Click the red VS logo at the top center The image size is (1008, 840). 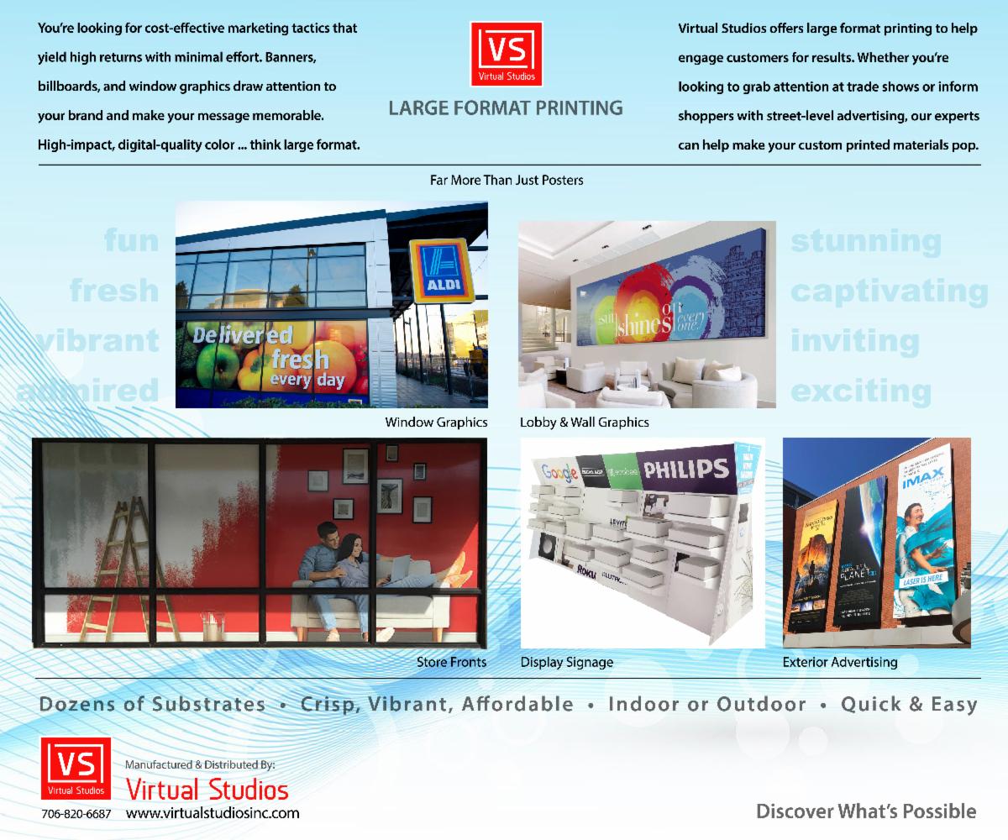click(x=506, y=53)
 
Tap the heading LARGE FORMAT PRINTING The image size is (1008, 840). click(x=506, y=108)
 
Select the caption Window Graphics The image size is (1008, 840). click(x=436, y=422)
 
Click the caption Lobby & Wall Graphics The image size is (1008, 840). click(x=584, y=422)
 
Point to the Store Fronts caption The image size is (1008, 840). click(x=451, y=662)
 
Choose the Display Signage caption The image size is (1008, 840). click(x=567, y=662)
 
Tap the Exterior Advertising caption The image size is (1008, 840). click(x=839, y=662)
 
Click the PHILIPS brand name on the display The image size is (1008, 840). click(x=686, y=467)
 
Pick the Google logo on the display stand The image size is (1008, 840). click(x=560, y=472)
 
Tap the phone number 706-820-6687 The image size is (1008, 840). click(x=76, y=814)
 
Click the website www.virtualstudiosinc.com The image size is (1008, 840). click(x=212, y=813)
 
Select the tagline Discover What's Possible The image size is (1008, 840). click(x=866, y=811)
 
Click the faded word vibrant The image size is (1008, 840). click(x=97, y=340)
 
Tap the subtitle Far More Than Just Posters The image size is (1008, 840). click(x=506, y=180)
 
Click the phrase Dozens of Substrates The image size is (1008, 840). click(x=152, y=704)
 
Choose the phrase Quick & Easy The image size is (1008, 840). click(x=909, y=704)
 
